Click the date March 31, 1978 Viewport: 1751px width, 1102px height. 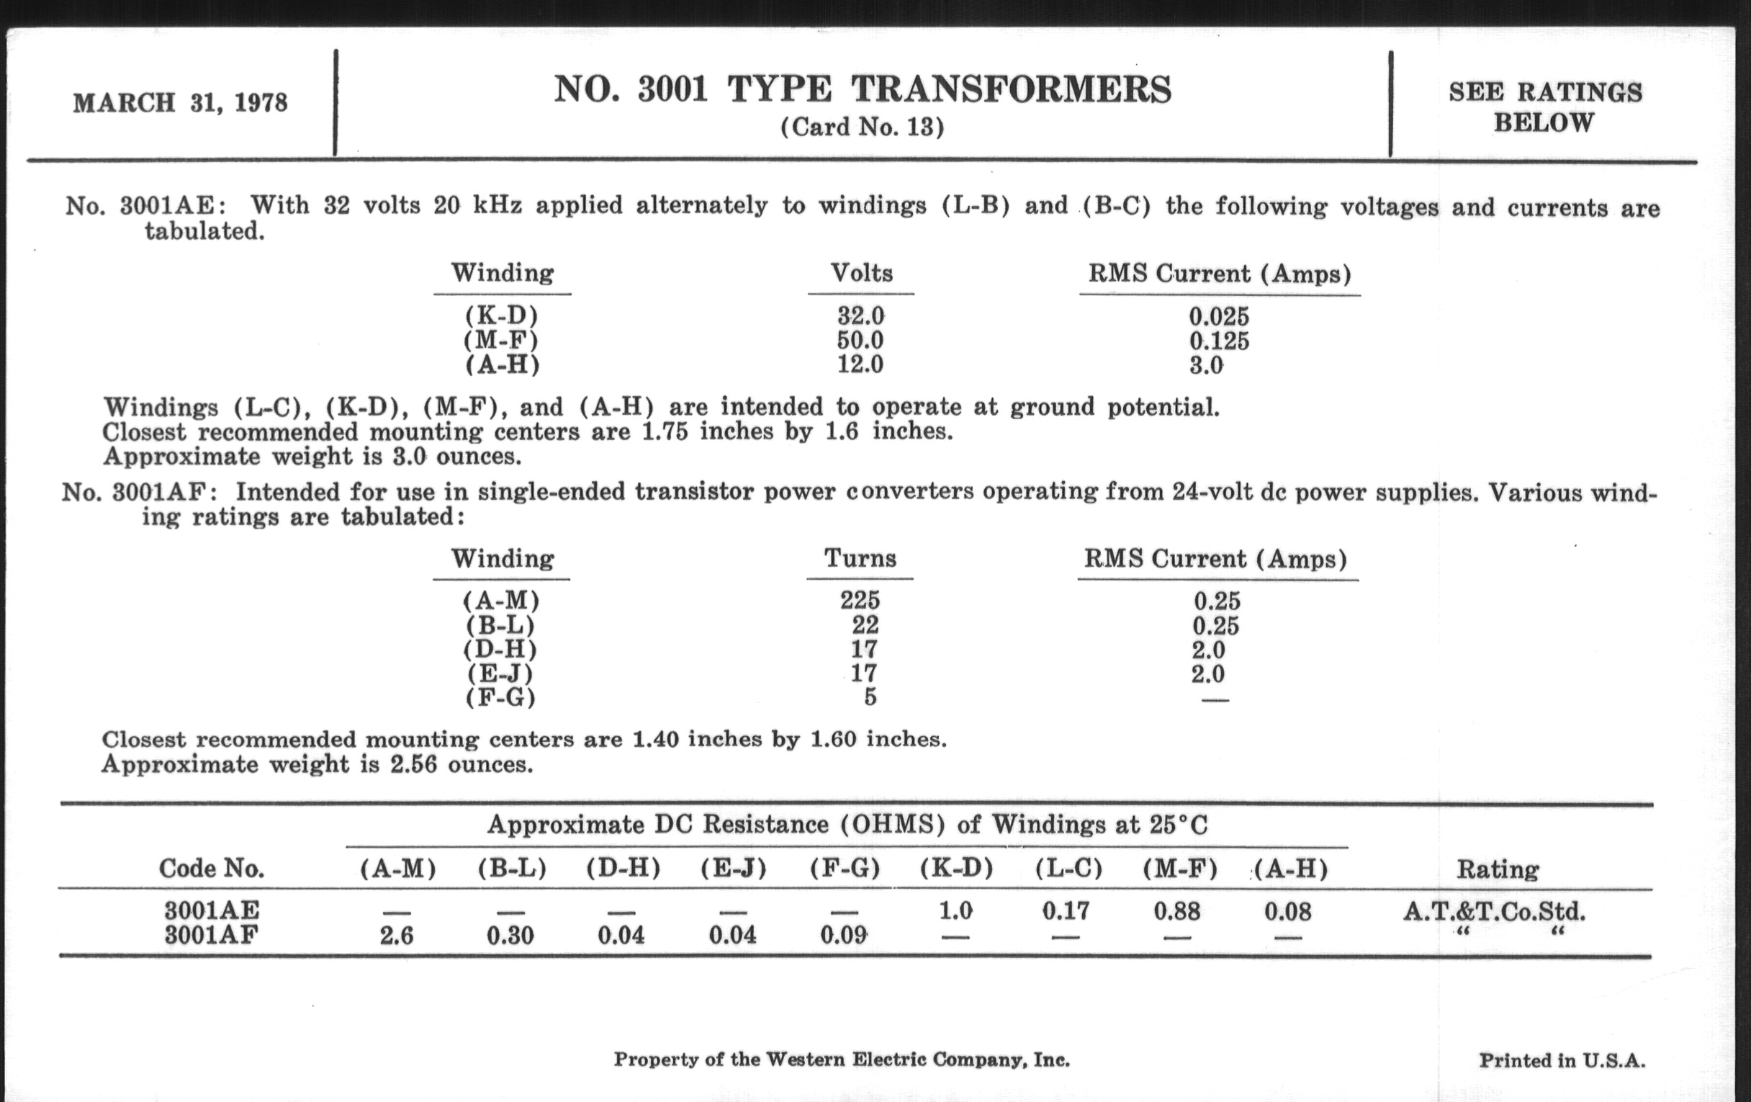click(x=180, y=102)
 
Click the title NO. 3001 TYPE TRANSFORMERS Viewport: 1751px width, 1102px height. click(x=863, y=89)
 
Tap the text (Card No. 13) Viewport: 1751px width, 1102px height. click(x=863, y=127)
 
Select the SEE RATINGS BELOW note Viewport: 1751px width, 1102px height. click(x=1544, y=107)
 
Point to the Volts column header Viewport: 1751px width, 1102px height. click(x=861, y=273)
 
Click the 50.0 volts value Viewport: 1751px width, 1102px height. click(x=860, y=340)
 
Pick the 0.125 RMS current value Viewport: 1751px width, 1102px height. click(x=1219, y=341)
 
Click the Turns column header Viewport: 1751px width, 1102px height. click(x=860, y=559)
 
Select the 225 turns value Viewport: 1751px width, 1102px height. click(x=860, y=600)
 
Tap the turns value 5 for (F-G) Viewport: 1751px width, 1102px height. click(x=870, y=696)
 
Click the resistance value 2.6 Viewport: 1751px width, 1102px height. click(x=396, y=936)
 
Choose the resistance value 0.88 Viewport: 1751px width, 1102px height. click(x=1176, y=910)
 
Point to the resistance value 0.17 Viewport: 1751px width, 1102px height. click(x=1066, y=910)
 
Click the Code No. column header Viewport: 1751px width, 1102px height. click(x=212, y=869)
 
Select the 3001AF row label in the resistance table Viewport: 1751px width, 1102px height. click(x=212, y=935)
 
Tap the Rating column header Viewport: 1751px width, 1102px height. click(x=1498, y=869)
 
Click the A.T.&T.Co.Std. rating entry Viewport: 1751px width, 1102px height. click(x=1493, y=911)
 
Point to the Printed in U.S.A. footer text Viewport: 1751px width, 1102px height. click(x=1562, y=1060)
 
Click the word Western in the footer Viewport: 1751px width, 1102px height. click(x=798, y=1060)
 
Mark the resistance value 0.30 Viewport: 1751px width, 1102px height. click(x=510, y=936)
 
